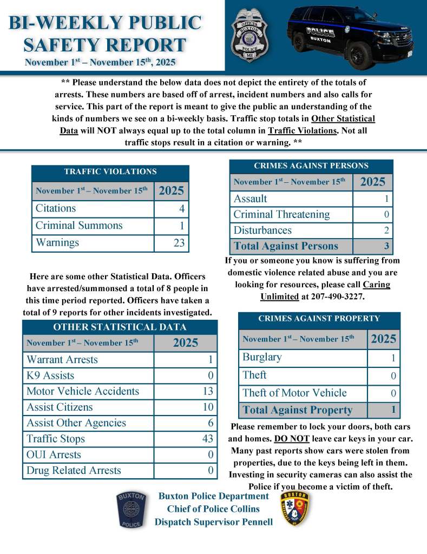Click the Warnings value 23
[x=179, y=243]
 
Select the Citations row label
[x=56, y=208]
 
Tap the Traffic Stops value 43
[x=207, y=439]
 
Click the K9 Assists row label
[x=50, y=375]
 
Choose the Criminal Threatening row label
[x=281, y=214]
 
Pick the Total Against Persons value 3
[x=386, y=246]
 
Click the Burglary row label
[x=262, y=357]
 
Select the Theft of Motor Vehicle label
[x=294, y=393]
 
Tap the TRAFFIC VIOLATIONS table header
[x=110, y=172]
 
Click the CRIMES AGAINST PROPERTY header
[x=319, y=319]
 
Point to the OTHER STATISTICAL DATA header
[x=120, y=327]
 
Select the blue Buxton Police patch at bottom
[x=131, y=510]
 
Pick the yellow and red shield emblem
[x=295, y=510]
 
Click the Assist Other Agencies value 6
[x=210, y=423]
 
